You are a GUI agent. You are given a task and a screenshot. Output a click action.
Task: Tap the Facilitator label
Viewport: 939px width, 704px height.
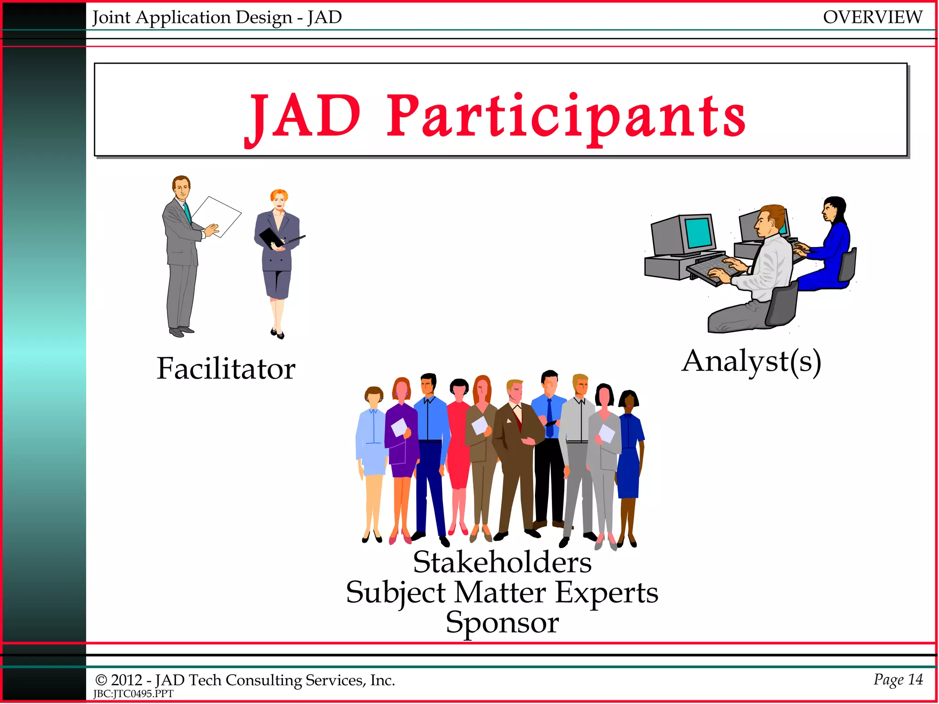tap(226, 368)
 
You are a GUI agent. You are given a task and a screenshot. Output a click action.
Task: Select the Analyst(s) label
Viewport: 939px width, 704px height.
tap(751, 362)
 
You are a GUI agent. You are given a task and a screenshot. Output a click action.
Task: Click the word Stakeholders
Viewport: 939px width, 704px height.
tap(502, 562)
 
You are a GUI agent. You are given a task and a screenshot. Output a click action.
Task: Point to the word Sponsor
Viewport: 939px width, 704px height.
tap(502, 622)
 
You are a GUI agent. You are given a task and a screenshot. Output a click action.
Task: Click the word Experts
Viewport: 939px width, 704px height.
tap(606, 592)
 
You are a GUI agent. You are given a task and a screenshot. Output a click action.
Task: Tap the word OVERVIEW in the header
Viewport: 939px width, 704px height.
tap(872, 17)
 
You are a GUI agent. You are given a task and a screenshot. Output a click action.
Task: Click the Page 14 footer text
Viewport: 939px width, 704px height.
tap(898, 679)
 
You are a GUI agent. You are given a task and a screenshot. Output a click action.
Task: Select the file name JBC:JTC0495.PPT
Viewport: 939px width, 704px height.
tap(133, 694)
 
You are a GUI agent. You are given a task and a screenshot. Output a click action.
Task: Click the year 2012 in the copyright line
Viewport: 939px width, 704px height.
tap(127, 680)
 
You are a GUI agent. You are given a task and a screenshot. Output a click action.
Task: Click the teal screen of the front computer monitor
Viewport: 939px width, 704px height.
tap(699, 233)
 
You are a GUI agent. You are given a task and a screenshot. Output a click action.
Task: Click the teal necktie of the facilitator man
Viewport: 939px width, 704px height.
tap(187, 213)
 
